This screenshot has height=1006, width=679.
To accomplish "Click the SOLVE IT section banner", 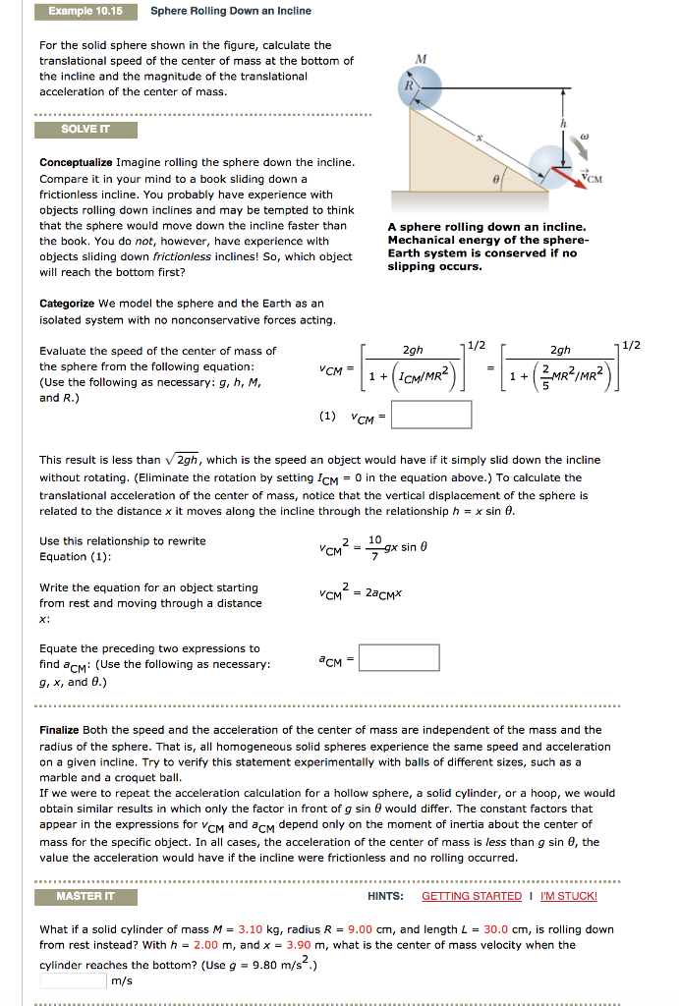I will pyautogui.click(x=85, y=130).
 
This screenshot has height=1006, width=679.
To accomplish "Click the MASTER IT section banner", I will pyautogui.click(x=85, y=896).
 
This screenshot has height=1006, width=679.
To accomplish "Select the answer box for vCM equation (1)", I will pyautogui.click(x=433, y=415).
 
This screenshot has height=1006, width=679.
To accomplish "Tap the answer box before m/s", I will pyautogui.click(x=73, y=979).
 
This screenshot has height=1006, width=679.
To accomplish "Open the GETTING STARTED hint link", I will pyautogui.click(x=472, y=896).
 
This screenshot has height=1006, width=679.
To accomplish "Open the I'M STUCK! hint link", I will pyautogui.click(x=569, y=896).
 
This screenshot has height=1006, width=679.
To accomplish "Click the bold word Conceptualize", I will pyautogui.click(x=76, y=162).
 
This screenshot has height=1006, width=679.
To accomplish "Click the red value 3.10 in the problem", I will pyautogui.click(x=252, y=929).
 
